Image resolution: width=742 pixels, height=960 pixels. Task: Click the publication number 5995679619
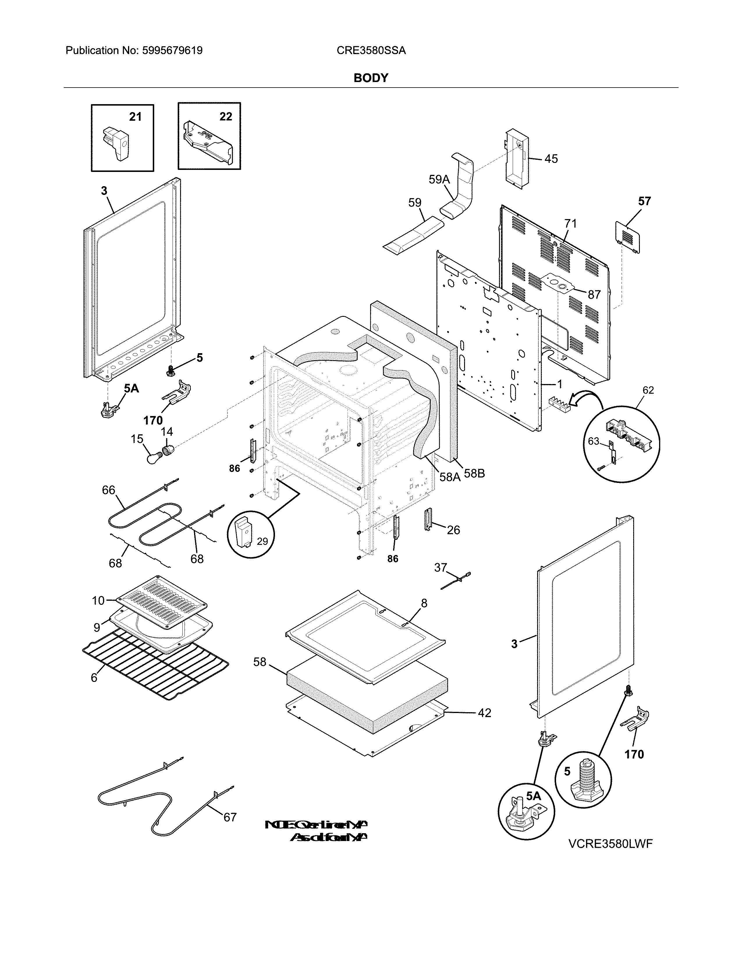(x=172, y=51)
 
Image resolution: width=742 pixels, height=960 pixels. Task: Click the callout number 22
(x=226, y=116)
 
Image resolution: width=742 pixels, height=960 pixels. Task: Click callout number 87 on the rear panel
(x=594, y=294)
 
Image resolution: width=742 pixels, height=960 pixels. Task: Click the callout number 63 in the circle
(x=593, y=441)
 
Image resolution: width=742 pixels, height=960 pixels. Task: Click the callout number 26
(x=453, y=530)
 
